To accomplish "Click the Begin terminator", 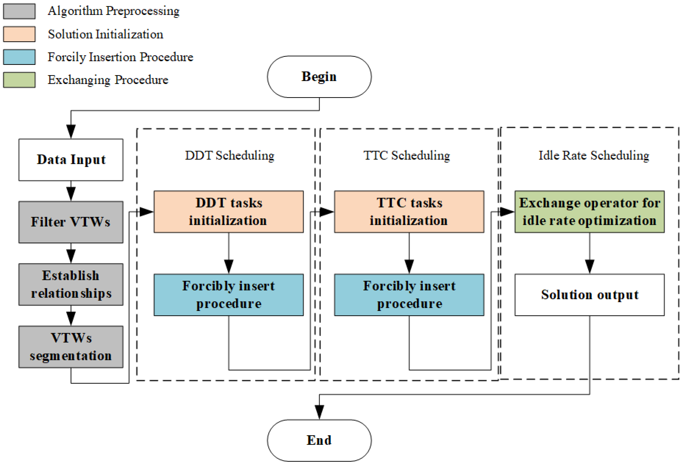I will click(319, 77).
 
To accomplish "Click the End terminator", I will click(319, 440).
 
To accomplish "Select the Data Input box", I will click(71, 160).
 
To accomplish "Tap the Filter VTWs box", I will click(71, 222).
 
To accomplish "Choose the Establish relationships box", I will click(71, 284).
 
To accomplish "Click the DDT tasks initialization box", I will click(228, 212).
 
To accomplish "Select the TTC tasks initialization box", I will click(409, 212).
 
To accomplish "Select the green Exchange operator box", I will click(589, 212).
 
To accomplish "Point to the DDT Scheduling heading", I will click(230, 155).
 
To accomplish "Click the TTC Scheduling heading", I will click(407, 155).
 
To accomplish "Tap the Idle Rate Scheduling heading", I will click(594, 155).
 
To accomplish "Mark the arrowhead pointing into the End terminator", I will click(319, 412).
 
